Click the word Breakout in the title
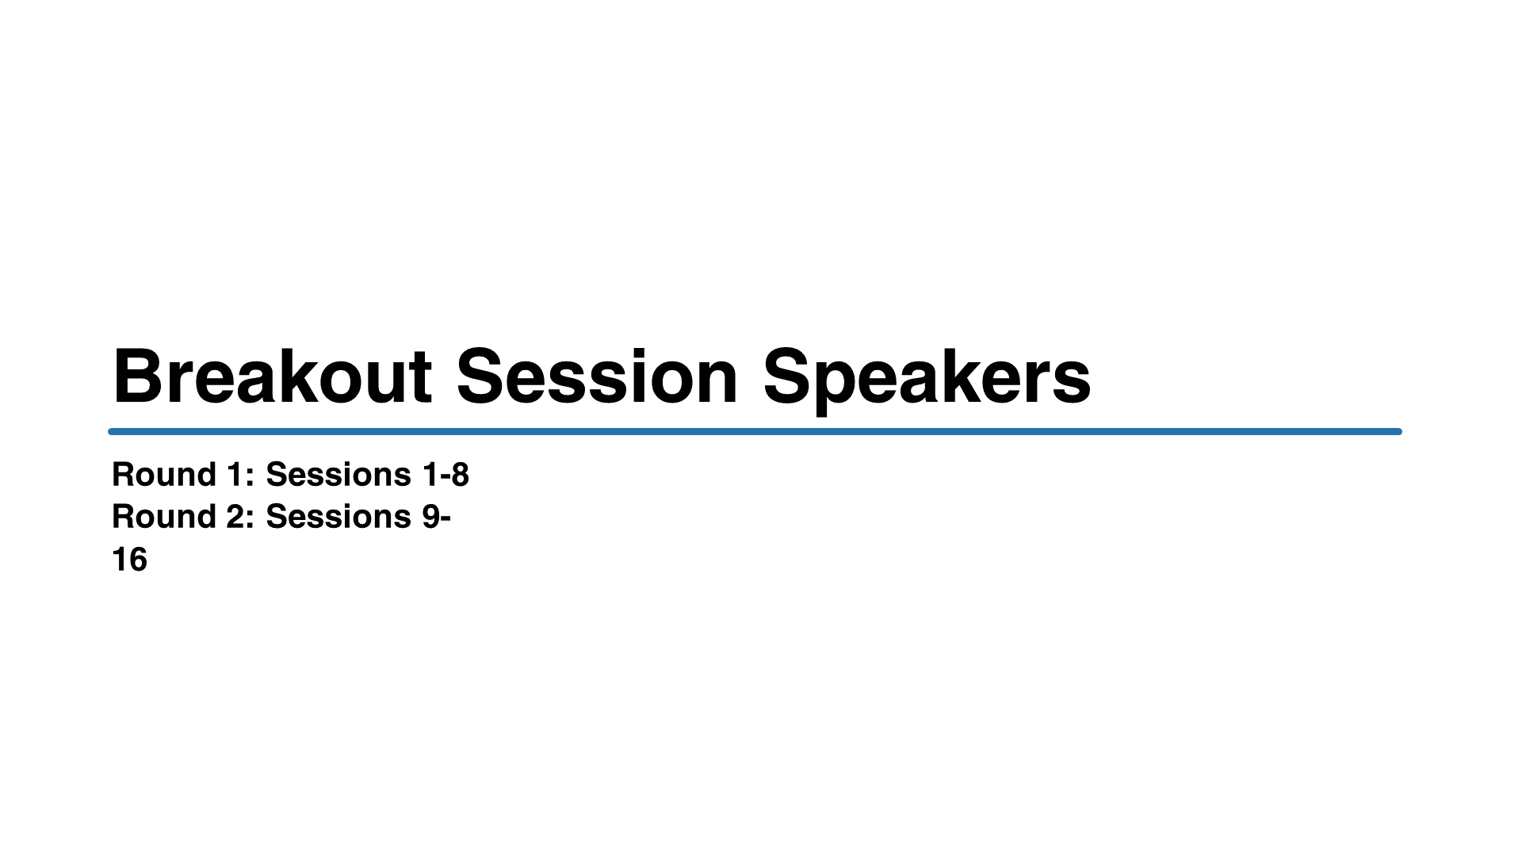pyautogui.click(x=273, y=376)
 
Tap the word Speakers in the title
pyautogui.click(x=927, y=380)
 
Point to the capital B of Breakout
pyautogui.click(x=140, y=376)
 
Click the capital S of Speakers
pyautogui.click(x=790, y=376)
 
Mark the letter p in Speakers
pyautogui.click(x=845, y=388)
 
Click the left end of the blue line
pyautogui.click(x=109, y=432)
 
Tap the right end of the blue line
pyautogui.click(x=1401, y=432)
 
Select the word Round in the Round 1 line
pyautogui.click(x=164, y=475)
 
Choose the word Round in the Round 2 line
pyautogui.click(x=164, y=517)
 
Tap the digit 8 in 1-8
pyautogui.click(x=460, y=475)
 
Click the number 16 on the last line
pyautogui.click(x=129, y=560)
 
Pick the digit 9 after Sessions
pyautogui.click(x=431, y=517)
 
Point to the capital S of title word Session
pyautogui.click(x=483, y=376)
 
